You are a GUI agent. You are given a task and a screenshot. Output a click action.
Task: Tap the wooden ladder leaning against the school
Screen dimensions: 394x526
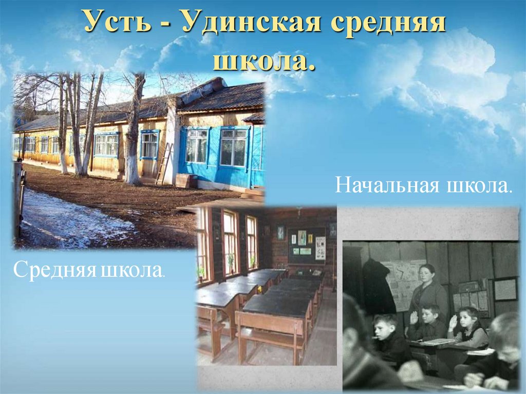click(x=163, y=164)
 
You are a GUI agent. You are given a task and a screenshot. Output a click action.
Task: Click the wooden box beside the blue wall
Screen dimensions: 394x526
click(x=186, y=180)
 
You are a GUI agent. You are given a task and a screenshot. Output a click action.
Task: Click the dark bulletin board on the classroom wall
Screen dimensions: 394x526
click(x=306, y=246)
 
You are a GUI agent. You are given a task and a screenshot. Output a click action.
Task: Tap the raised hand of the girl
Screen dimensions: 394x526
click(x=453, y=323)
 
